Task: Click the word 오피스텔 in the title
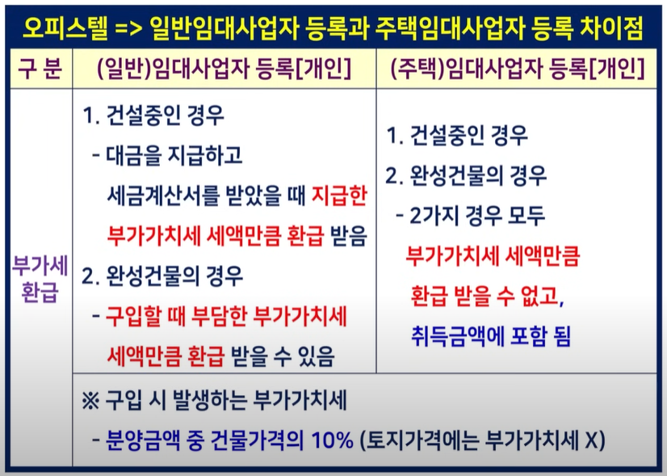coord(65,27)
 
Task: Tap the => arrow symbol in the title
coord(129,28)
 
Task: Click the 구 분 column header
coord(40,68)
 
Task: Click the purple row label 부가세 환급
coord(40,280)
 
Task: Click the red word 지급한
coord(339,195)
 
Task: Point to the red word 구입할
coord(132,317)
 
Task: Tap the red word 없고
coord(543,296)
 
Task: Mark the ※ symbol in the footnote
coord(90,401)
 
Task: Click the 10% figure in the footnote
coord(332,440)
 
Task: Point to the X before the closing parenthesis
coord(591,440)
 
